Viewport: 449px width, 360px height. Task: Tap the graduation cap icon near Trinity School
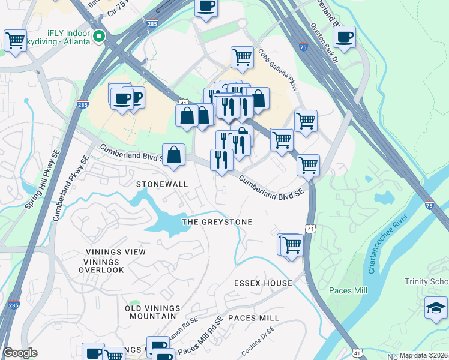click(436, 308)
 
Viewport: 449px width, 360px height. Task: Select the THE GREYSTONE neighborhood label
click(217, 222)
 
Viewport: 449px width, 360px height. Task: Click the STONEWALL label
click(162, 184)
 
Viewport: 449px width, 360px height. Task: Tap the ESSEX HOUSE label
click(264, 283)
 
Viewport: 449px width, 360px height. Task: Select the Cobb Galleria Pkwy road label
click(278, 70)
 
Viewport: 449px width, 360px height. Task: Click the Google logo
click(20, 353)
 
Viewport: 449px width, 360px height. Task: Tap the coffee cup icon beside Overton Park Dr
click(344, 37)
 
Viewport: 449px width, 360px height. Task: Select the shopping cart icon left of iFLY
click(15, 41)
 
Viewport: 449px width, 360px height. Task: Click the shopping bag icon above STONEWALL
click(173, 155)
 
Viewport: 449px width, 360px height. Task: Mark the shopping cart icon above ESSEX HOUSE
click(291, 245)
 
